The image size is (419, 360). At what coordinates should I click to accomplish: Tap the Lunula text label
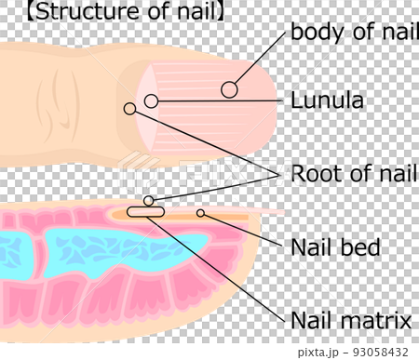pyautogui.click(x=327, y=99)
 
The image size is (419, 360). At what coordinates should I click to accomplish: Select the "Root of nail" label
pyautogui.click(x=348, y=173)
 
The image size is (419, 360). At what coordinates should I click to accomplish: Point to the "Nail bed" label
pyautogui.click(x=335, y=247)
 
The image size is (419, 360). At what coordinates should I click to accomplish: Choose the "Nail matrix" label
pyautogui.click(x=350, y=321)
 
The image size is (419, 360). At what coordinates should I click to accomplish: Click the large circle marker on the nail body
pyautogui.click(x=230, y=89)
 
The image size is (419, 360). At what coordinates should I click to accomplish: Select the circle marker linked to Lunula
pyautogui.click(x=152, y=100)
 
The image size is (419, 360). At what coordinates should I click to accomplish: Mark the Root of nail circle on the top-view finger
pyautogui.click(x=129, y=109)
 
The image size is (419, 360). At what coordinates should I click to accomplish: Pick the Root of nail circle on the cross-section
pyautogui.click(x=149, y=201)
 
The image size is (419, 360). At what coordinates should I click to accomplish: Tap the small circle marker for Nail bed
pyautogui.click(x=200, y=213)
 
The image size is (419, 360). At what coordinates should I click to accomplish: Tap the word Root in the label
pyautogui.click(x=313, y=173)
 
